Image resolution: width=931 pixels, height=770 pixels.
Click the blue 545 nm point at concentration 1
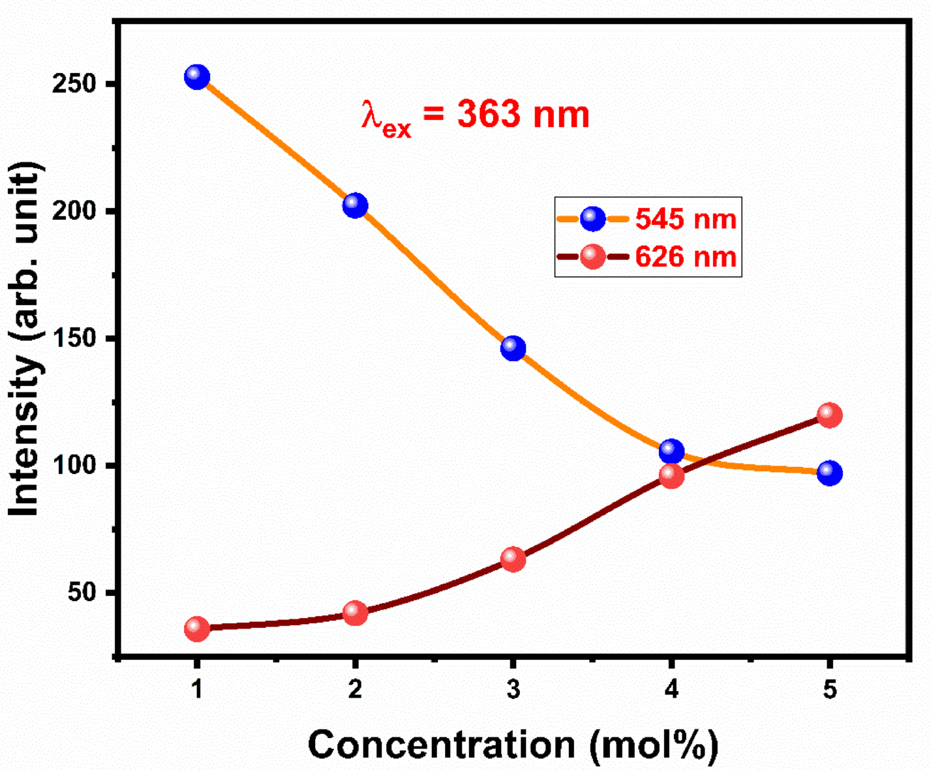click(197, 77)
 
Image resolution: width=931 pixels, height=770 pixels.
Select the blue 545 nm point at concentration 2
click(355, 205)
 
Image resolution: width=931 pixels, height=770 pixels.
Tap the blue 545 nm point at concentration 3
click(513, 348)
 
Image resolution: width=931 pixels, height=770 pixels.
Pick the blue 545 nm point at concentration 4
click(671, 451)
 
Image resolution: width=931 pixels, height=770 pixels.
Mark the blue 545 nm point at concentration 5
click(829, 473)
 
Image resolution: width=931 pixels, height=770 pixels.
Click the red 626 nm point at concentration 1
click(197, 629)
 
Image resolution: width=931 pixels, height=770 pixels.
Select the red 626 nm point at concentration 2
click(355, 613)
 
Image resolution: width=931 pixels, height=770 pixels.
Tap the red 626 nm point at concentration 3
click(513, 559)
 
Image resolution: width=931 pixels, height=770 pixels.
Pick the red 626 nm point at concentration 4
click(671, 476)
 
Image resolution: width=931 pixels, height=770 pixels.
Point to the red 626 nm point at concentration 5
click(829, 415)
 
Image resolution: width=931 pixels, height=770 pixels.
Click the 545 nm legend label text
click(686, 219)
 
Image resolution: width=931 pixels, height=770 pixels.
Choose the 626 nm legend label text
click(686, 257)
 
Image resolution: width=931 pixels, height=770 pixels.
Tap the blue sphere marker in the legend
click(592, 218)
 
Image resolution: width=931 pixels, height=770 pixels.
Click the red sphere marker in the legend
click(592, 256)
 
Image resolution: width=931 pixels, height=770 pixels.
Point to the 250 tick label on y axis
click(73, 84)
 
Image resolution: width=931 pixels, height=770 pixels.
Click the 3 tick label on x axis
click(513, 689)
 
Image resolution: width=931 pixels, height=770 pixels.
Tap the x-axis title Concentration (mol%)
click(513, 745)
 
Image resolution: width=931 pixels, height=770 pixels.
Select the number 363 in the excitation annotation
click(489, 115)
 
